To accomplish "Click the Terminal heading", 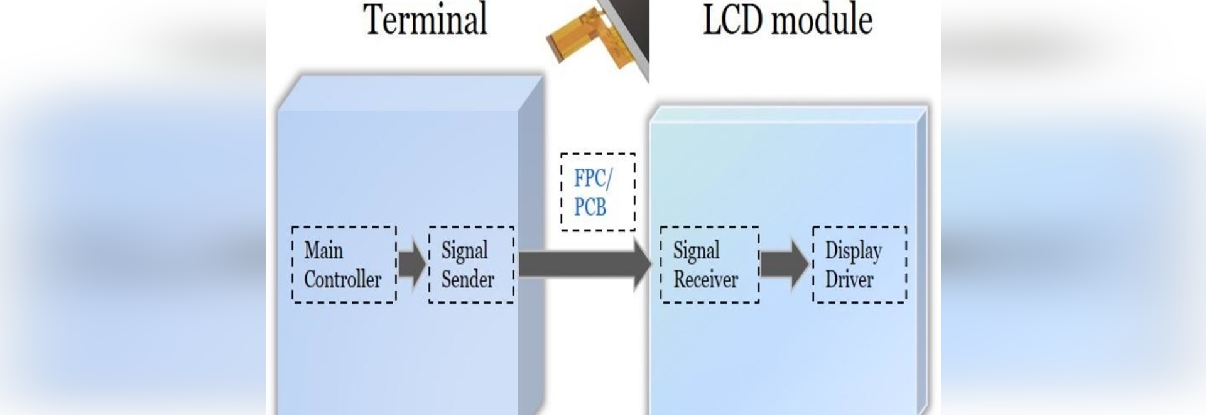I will click(x=425, y=20).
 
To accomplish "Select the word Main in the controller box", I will click(x=323, y=250).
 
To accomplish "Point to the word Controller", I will click(x=342, y=279).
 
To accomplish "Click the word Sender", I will click(x=467, y=279).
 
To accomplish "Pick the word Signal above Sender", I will click(x=464, y=250).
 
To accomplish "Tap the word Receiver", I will click(x=705, y=279).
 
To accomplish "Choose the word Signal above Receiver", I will click(x=696, y=250).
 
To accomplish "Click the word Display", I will click(x=853, y=250).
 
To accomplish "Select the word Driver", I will click(x=849, y=279).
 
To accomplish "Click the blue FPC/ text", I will click(x=592, y=179).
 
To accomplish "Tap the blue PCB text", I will click(x=590, y=207).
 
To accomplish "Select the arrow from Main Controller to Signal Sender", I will click(x=412, y=264).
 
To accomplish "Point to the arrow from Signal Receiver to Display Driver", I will click(x=785, y=264).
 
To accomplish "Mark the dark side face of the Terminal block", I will click(x=531, y=252).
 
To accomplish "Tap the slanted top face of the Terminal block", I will click(x=408, y=93).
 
